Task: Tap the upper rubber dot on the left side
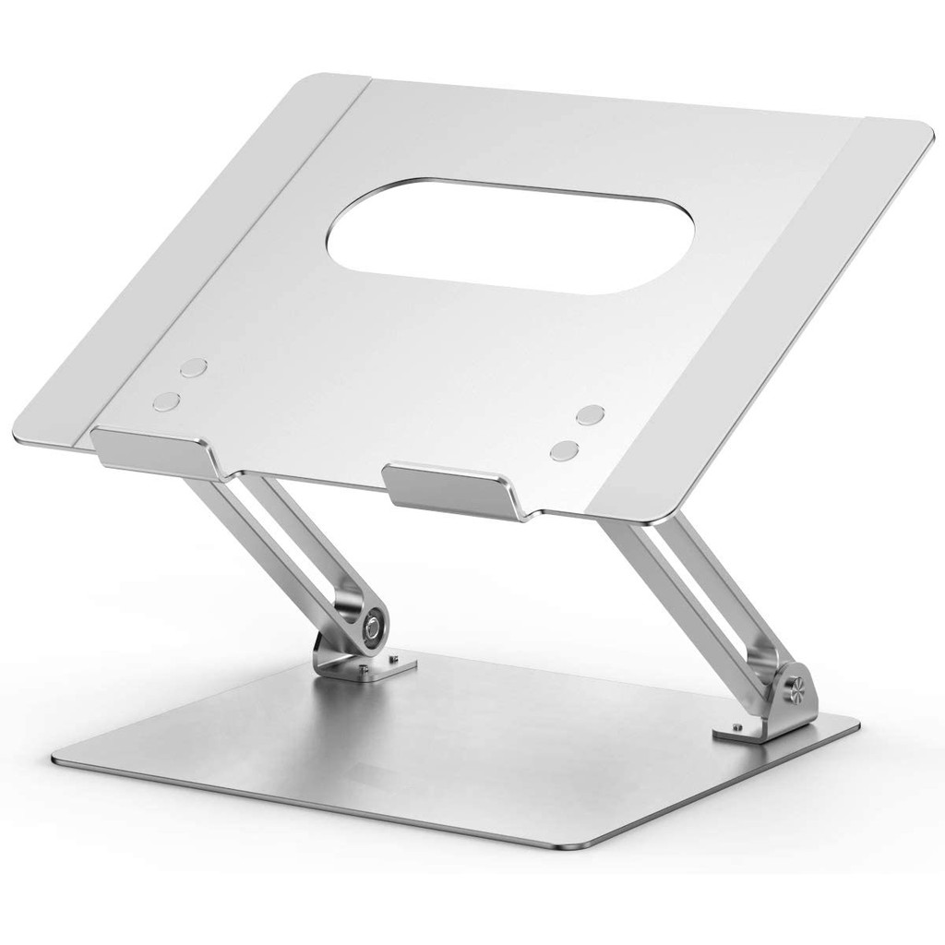[x=193, y=367]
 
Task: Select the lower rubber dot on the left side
[x=167, y=401]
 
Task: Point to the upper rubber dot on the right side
[x=590, y=414]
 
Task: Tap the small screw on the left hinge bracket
[x=396, y=661]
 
